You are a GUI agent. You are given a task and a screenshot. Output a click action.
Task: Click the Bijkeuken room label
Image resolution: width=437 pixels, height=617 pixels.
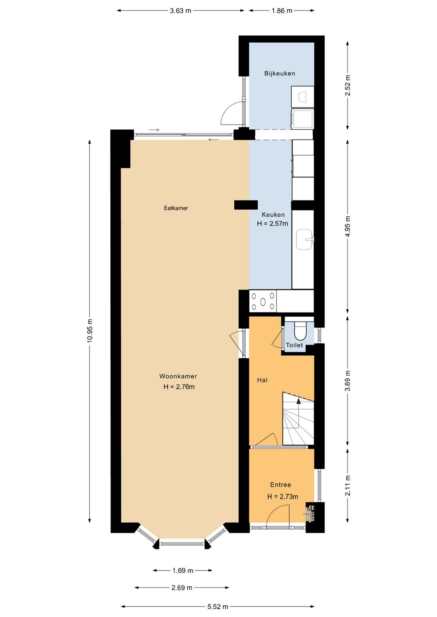pyautogui.click(x=280, y=73)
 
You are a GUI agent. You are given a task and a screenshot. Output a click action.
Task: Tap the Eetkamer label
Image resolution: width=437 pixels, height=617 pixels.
pyautogui.click(x=176, y=208)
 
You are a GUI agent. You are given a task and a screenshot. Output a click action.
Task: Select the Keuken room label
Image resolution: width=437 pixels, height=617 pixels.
pyautogui.click(x=273, y=215)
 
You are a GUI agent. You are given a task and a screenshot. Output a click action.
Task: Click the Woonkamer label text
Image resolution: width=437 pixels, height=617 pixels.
pyautogui.click(x=178, y=376)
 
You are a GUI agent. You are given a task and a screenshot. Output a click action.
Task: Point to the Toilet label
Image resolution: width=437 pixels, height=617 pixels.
pyautogui.click(x=294, y=345)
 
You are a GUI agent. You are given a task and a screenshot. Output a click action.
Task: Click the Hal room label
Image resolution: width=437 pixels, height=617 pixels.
pyautogui.click(x=262, y=380)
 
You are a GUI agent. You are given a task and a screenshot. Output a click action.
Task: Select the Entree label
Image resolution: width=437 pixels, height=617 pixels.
pyautogui.click(x=280, y=485)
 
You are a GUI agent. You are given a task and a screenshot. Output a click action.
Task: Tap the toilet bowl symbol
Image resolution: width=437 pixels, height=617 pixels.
pyautogui.click(x=300, y=330)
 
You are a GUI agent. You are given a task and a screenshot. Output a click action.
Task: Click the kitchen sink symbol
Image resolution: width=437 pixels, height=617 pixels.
pyautogui.click(x=304, y=240)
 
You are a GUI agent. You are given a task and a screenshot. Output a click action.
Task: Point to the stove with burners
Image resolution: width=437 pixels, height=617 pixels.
pyautogui.click(x=263, y=301)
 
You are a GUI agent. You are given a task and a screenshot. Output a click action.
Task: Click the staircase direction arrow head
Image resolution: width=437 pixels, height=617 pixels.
pyautogui.click(x=299, y=401)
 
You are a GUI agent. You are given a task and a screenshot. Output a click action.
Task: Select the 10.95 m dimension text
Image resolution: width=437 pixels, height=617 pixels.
pyautogui.click(x=90, y=331)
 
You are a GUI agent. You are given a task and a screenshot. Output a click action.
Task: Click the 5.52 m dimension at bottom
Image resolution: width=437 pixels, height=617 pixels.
pyautogui.click(x=218, y=606)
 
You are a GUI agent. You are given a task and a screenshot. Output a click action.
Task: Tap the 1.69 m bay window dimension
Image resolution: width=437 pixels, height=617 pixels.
pyautogui.click(x=182, y=571)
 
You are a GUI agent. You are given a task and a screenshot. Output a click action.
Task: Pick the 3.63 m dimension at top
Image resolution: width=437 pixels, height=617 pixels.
pyautogui.click(x=180, y=11)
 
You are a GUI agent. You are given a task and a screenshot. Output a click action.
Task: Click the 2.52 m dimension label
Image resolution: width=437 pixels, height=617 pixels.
pyautogui.click(x=348, y=85)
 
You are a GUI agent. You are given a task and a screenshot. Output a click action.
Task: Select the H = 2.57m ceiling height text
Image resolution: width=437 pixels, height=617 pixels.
pyautogui.click(x=273, y=224)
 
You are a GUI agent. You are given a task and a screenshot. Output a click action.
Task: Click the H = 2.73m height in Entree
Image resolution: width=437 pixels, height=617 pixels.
pyautogui.click(x=282, y=497)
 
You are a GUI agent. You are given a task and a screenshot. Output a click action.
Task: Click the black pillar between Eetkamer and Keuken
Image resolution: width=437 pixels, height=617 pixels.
pyautogui.click(x=246, y=205)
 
